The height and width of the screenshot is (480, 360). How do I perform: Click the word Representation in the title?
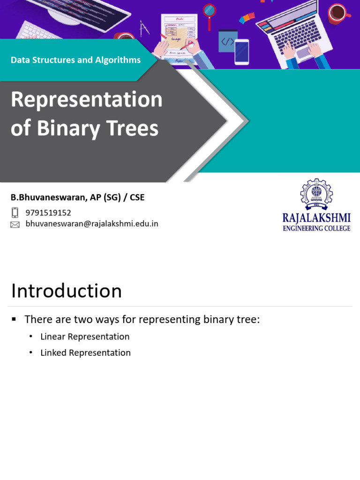coord(86,99)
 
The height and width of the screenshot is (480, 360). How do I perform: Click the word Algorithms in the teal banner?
coord(117,60)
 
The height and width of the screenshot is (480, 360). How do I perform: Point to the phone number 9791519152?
coord(48,213)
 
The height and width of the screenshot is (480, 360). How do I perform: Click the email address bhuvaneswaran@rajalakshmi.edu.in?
coord(92,224)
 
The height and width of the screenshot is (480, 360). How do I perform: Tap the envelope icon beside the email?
coord(15,225)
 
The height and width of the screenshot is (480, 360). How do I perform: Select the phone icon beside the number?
coord(15,213)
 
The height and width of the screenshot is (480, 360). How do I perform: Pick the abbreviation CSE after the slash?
coord(137,197)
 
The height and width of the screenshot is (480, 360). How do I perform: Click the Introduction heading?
coord(67,291)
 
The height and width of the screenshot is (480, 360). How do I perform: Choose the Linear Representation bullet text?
coord(85,337)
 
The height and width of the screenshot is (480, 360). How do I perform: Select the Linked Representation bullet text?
coord(85,352)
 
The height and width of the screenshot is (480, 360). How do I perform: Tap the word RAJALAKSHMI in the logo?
coord(316,218)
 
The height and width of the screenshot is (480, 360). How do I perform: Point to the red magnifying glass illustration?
coord(209,11)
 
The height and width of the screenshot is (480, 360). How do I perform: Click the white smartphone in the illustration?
coord(241,51)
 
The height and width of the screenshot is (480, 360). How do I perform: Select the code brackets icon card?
coord(228,41)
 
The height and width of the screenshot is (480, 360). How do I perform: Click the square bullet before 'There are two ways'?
coord(14,319)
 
